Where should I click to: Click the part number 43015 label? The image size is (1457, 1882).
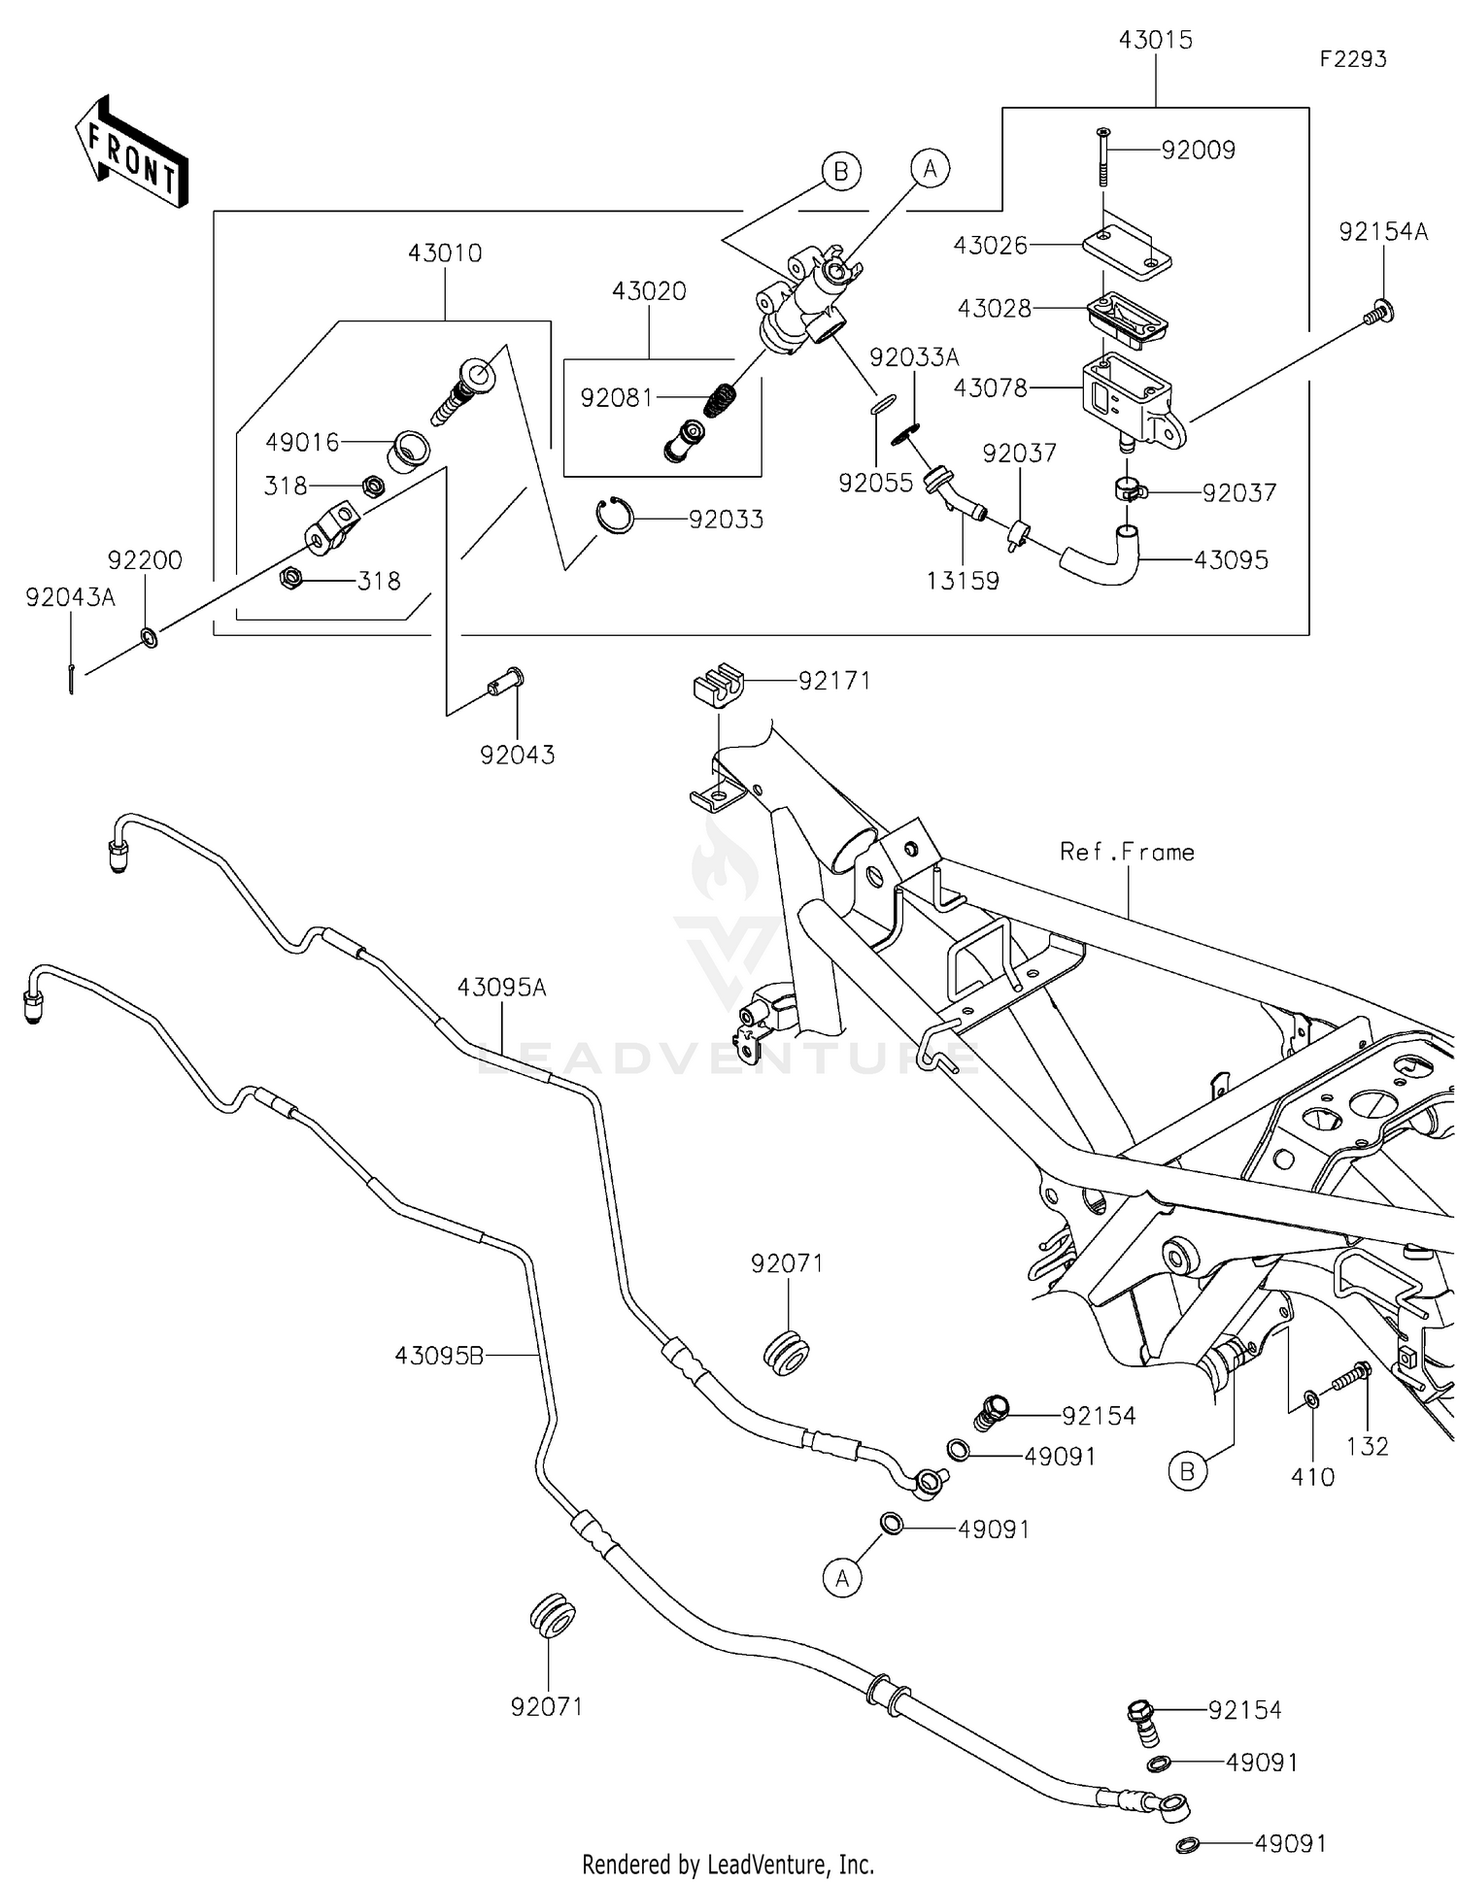tap(1155, 41)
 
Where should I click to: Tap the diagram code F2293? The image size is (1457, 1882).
tap(1352, 59)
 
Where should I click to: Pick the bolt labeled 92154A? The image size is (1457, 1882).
tap(1380, 313)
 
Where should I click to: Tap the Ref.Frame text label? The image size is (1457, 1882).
tap(1127, 852)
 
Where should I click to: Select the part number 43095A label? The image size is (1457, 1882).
tap(501, 988)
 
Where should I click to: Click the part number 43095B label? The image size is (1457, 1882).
tap(439, 1355)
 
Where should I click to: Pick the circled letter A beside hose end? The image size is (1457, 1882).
tap(841, 1579)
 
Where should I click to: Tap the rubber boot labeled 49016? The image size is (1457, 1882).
tap(409, 452)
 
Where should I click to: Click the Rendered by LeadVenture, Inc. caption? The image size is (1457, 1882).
tap(728, 1865)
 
